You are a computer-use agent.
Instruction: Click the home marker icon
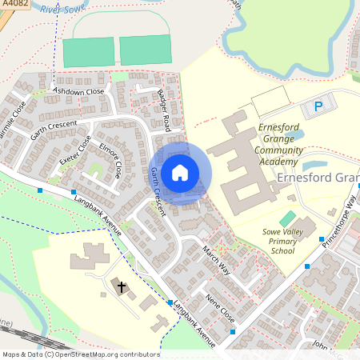180,172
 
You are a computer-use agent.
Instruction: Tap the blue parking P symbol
318,106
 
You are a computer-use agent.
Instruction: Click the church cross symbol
122,286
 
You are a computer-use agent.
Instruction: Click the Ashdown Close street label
78,92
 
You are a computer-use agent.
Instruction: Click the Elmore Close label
110,160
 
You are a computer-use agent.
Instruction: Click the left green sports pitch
88,52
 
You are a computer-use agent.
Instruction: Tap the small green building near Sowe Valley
286,218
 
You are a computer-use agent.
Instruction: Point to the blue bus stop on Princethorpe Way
322,239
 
